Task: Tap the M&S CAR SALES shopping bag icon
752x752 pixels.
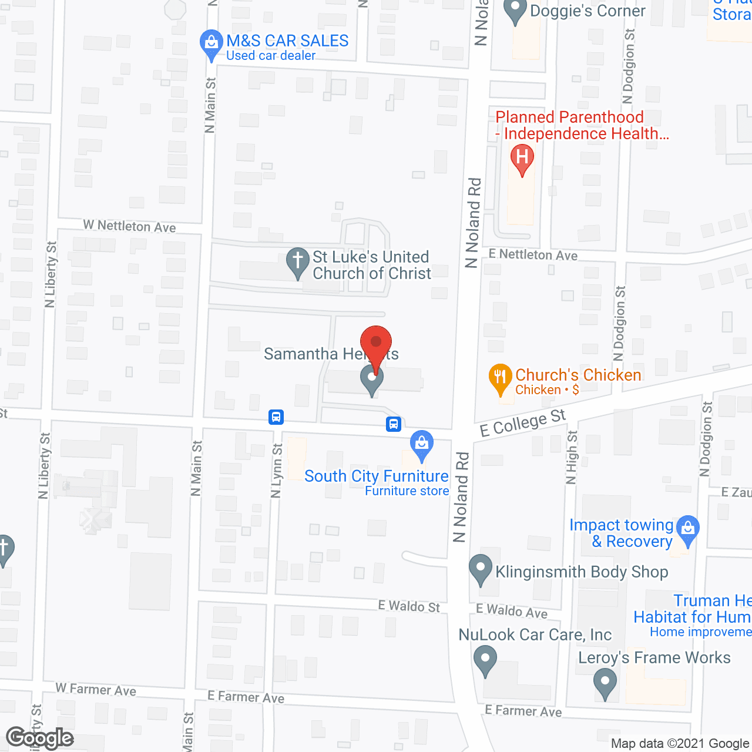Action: pyautogui.click(x=211, y=43)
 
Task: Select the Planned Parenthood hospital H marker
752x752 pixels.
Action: pyautogui.click(x=522, y=158)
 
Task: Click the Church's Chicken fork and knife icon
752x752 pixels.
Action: pyautogui.click(x=500, y=377)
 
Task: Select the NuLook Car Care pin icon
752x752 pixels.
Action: pyautogui.click(x=485, y=659)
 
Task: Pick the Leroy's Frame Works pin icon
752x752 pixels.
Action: pyautogui.click(x=605, y=683)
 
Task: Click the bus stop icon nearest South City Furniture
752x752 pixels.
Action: pyautogui.click(x=393, y=424)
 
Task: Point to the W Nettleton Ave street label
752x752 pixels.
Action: pyautogui.click(x=129, y=226)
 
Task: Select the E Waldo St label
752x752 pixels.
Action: pyautogui.click(x=409, y=606)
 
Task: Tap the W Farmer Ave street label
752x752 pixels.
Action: pyautogui.click(x=96, y=689)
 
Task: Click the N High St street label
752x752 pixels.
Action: pyautogui.click(x=572, y=458)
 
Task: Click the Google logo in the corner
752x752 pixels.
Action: pyautogui.click(x=40, y=738)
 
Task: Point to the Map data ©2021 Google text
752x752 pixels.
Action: pyautogui.click(x=680, y=744)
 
